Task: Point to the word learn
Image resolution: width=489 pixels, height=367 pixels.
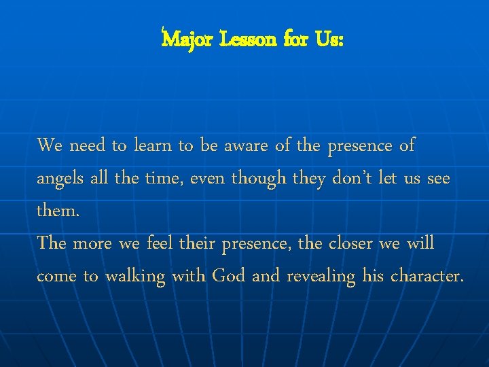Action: [153, 145]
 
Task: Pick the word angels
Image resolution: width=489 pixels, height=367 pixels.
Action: [59, 179]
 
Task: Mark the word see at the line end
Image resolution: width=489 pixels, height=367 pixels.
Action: [436, 178]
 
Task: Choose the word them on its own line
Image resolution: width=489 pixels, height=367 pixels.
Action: [57, 211]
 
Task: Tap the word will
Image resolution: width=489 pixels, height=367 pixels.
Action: [420, 243]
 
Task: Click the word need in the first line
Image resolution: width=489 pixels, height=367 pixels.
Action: [88, 145]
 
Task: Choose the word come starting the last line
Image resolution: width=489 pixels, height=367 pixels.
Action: [56, 277]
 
